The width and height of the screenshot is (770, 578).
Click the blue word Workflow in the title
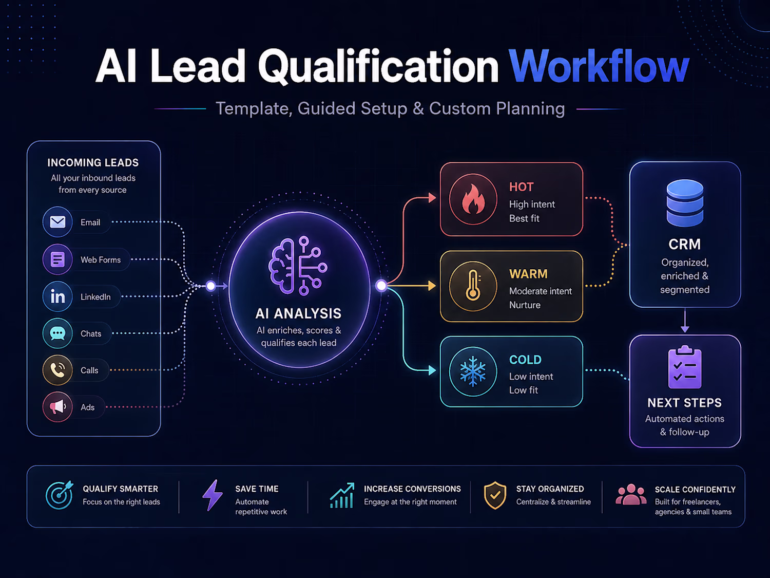point(599,66)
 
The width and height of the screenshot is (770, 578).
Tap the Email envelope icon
point(57,222)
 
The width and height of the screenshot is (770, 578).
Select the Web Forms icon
point(57,259)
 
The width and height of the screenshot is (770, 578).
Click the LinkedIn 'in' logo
point(57,296)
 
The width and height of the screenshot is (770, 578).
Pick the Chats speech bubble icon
point(57,333)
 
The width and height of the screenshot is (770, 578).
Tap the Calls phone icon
point(57,370)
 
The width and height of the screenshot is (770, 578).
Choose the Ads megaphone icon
point(57,407)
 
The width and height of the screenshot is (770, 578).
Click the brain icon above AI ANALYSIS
point(298,265)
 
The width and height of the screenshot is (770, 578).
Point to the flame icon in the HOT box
point(473,199)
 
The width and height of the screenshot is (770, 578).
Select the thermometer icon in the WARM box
point(473,286)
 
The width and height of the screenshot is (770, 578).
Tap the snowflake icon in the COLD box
point(473,371)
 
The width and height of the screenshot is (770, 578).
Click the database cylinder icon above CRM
point(685,203)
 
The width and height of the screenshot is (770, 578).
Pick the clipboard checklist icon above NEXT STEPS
point(685,367)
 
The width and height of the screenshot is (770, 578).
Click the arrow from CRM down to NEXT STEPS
point(685,320)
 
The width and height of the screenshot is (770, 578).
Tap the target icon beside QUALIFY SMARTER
point(59,495)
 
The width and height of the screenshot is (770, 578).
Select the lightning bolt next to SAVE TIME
point(212,495)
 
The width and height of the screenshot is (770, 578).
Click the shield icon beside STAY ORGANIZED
point(495,495)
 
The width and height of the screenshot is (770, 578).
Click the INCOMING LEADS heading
point(93,162)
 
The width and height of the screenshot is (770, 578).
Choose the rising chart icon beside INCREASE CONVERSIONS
point(342,495)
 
